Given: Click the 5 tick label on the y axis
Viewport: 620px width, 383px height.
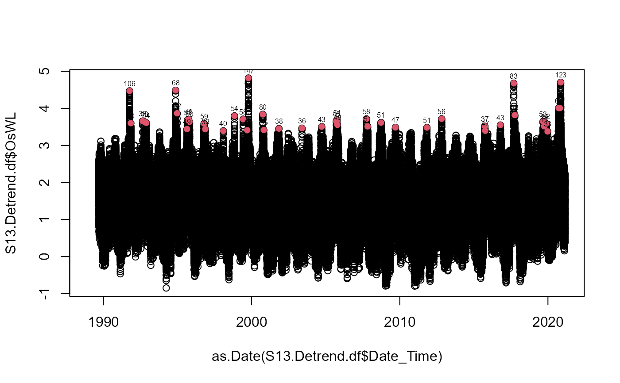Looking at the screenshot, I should (46, 71).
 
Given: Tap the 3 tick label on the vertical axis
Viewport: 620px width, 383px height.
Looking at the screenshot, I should (46, 146).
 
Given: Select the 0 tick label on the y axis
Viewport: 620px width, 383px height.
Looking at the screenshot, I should (46, 257).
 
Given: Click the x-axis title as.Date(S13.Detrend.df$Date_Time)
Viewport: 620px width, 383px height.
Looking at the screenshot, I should (327, 356).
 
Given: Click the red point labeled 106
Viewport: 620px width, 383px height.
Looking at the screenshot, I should (129, 91).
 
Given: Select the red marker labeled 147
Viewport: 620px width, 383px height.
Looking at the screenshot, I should (248, 78).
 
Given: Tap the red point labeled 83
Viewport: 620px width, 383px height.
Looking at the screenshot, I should (514, 83).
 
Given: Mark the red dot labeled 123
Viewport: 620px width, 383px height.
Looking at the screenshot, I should (561, 82).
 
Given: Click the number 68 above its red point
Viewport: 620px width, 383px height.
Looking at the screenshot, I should (176, 83).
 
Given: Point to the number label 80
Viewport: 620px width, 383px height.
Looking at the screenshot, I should (263, 107).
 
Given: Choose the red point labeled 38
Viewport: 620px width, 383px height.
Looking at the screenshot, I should (279, 129).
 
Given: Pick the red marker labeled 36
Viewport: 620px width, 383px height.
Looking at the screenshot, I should (302, 128).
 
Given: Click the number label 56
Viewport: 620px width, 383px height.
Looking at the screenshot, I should (442, 111).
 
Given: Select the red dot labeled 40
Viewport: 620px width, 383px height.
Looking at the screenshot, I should (223, 131).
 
